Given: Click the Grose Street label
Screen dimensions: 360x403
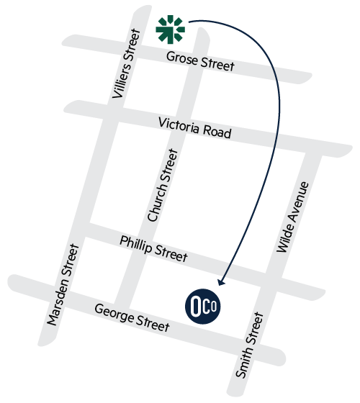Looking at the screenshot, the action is pyautogui.click(x=200, y=61).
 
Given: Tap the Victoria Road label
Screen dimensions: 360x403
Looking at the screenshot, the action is pyautogui.click(x=194, y=128).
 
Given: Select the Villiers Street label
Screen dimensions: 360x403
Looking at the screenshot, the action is pyautogui.click(x=127, y=63).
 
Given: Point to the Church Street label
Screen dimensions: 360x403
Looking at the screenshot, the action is pyautogui.click(x=163, y=185).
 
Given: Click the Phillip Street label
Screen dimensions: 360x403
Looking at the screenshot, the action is pyautogui.click(x=154, y=249).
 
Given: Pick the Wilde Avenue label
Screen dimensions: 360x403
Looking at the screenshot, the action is pyautogui.click(x=292, y=217).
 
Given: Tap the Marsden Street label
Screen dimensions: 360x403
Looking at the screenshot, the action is pyautogui.click(x=63, y=285).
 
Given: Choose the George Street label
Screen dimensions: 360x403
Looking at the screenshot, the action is pyautogui.click(x=132, y=317).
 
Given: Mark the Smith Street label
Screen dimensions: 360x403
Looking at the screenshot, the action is pyautogui.click(x=249, y=345).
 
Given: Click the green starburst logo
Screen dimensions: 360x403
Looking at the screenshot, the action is pyautogui.click(x=170, y=30).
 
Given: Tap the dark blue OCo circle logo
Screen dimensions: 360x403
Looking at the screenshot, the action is pyautogui.click(x=203, y=306).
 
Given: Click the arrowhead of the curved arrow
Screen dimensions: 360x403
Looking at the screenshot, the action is pyautogui.click(x=220, y=282).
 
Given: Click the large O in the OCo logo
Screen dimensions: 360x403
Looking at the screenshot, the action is pyautogui.click(x=196, y=307).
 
